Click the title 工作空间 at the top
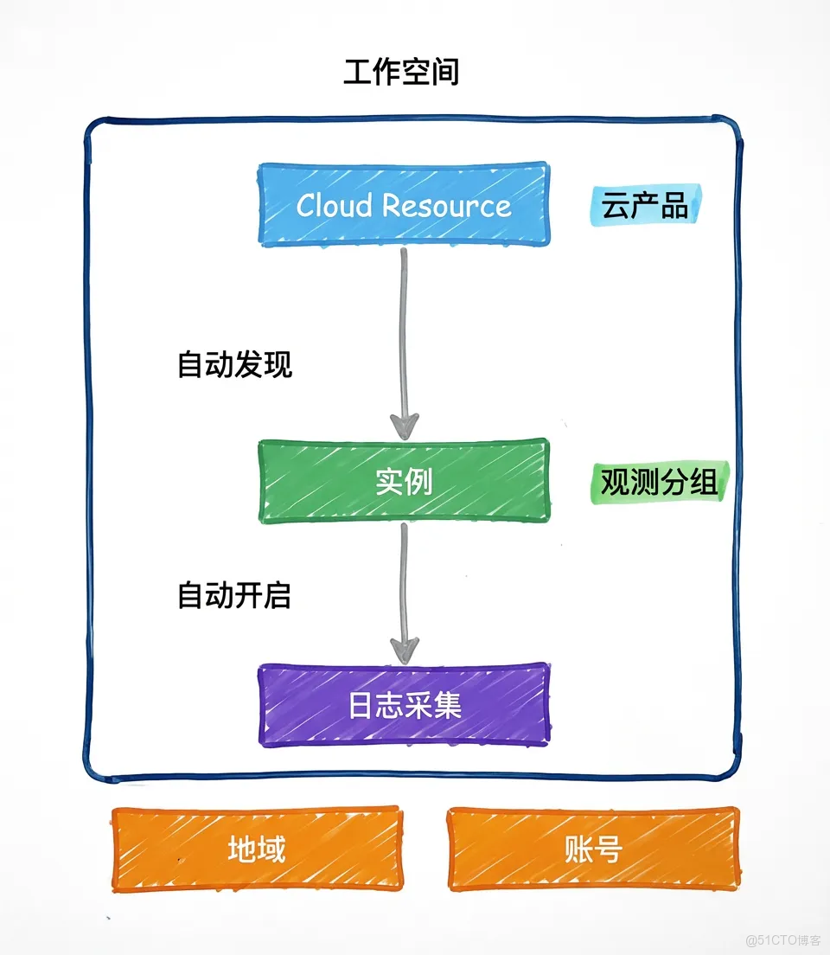point(400,73)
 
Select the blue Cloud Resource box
point(404,204)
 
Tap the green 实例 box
point(404,481)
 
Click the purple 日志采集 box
point(404,705)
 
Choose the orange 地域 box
point(257,849)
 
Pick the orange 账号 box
point(592,849)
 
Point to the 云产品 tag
point(646,207)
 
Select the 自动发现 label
point(234,364)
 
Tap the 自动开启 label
point(234,595)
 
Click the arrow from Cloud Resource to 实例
point(403,337)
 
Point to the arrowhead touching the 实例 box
point(404,426)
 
